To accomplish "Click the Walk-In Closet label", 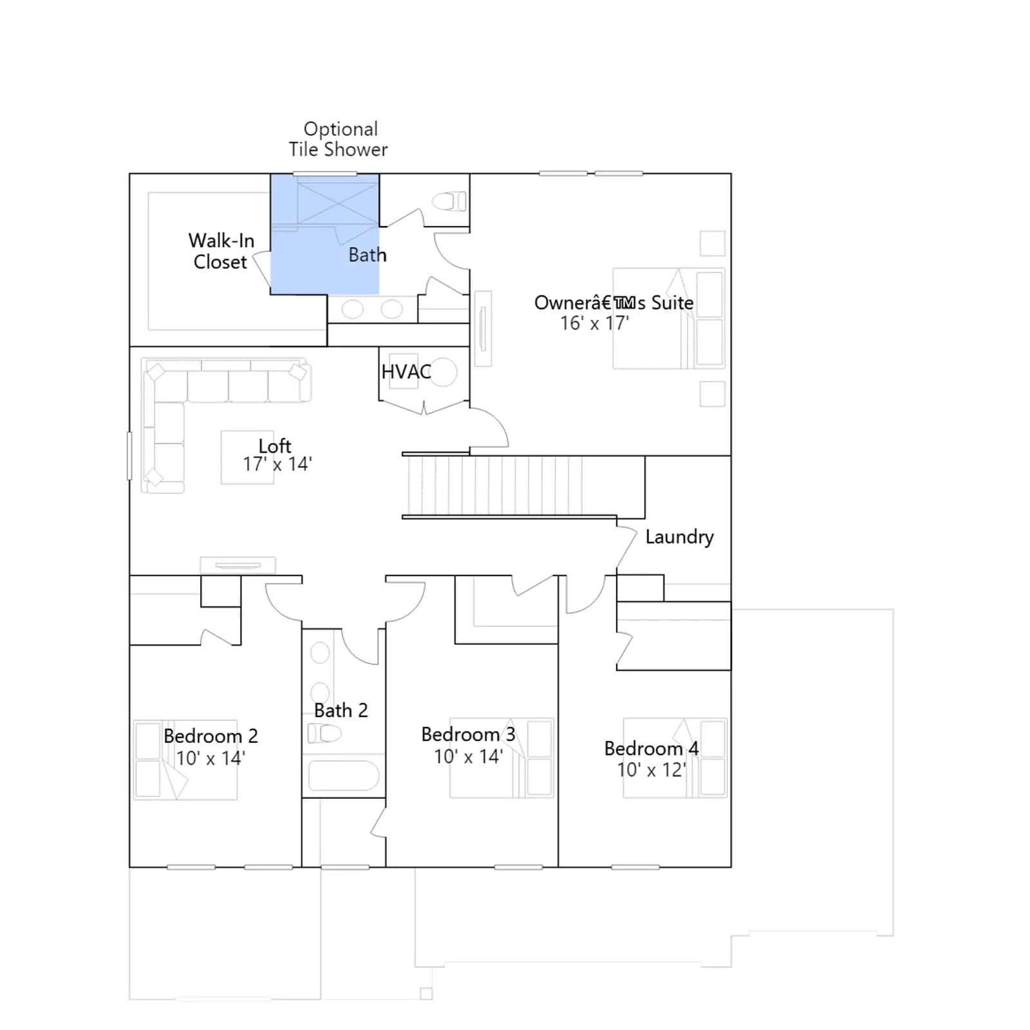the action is pyautogui.click(x=221, y=251).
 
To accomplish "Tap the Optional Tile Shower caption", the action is pyautogui.click(x=338, y=139).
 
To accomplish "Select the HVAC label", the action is pyautogui.click(x=406, y=371).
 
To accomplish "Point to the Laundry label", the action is pyautogui.click(x=679, y=537).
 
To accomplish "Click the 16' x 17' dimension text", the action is pyautogui.click(x=595, y=323).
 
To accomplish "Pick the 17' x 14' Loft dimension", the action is pyautogui.click(x=277, y=464).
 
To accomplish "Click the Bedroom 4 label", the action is pyautogui.click(x=651, y=748).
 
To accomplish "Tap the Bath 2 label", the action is pyautogui.click(x=341, y=710).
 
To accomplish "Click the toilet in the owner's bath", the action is pyautogui.click(x=449, y=201).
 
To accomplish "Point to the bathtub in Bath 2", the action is pyautogui.click(x=344, y=776).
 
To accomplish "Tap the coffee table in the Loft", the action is pyautogui.click(x=247, y=457).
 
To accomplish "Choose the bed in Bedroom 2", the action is pyautogui.click(x=185, y=760).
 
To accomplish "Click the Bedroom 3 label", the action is pyautogui.click(x=468, y=734).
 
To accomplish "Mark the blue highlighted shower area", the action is pyautogui.click(x=324, y=234).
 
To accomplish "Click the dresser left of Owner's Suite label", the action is pyautogui.click(x=483, y=328).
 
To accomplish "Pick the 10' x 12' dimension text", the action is pyautogui.click(x=651, y=769).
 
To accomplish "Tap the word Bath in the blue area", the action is pyautogui.click(x=368, y=255).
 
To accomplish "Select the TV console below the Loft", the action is pyautogui.click(x=238, y=565).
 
